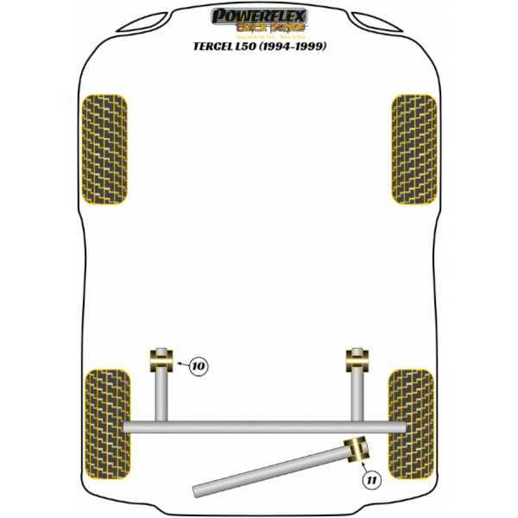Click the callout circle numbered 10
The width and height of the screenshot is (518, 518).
coord(198,367)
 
